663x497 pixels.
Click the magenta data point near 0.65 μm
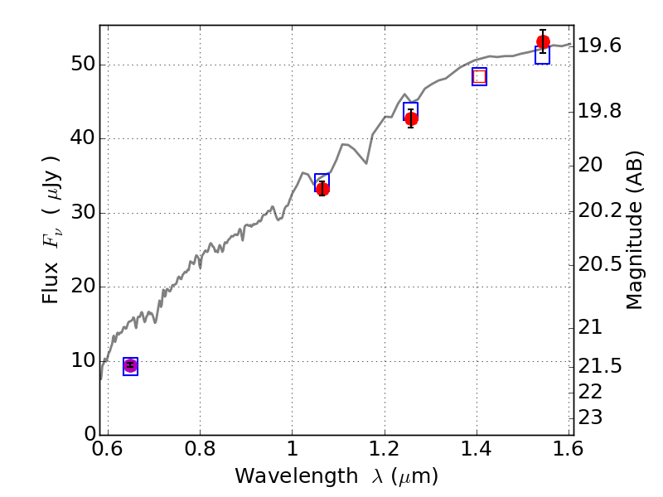[130, 365]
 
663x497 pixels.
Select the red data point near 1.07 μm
[322, 189]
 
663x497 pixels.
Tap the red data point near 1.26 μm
[411, 118]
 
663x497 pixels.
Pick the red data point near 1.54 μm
[543, 42]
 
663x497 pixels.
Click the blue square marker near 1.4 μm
[479, 76]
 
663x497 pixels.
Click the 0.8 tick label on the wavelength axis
[200, 452]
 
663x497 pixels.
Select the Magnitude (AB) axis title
[635, 229]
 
